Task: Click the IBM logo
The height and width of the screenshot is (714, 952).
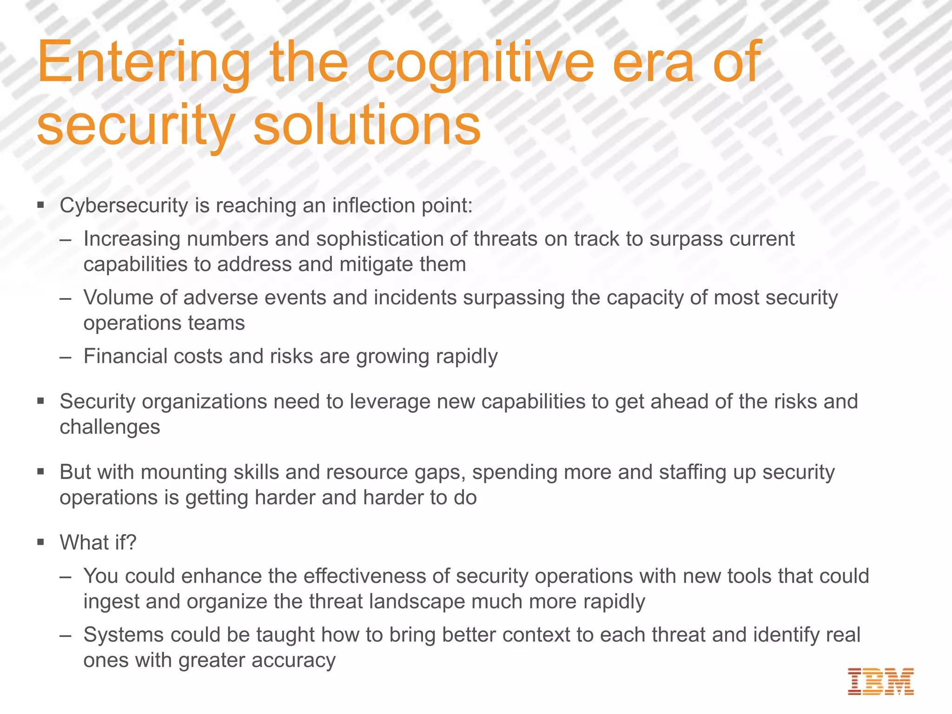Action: [x=880, y=681]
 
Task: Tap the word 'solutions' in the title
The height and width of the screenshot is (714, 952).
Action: [x=367, y=124]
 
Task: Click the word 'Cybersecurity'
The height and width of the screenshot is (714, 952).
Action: [x=124, y=206]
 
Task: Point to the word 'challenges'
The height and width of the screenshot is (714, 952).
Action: [x=110, y=427]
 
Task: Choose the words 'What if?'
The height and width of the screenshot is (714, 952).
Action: [x=98, y=542]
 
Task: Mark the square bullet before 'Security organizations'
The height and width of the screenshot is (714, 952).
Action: [x=41, y=401]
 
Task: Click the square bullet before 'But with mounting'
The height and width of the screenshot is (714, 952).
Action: [x=41, y=472]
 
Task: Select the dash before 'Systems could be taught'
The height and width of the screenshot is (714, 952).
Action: [x=66, y=635]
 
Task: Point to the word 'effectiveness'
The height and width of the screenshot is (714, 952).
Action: [x=364, y=576]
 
